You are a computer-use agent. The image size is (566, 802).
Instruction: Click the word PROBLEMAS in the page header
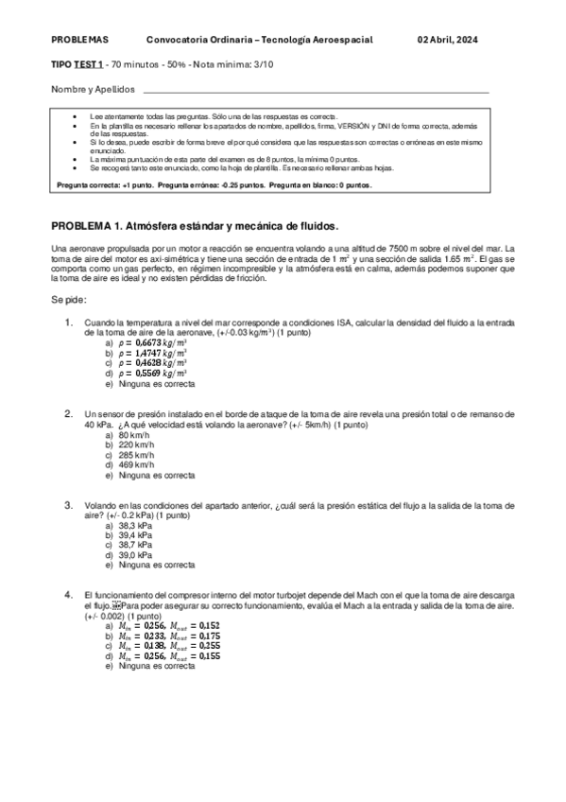point(80,40)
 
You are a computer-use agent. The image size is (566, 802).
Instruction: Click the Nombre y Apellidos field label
point(93,90)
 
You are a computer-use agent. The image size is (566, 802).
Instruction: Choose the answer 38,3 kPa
point(135,526)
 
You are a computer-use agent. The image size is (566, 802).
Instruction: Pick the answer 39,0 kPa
point(135,555)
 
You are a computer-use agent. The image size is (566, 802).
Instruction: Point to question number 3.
point(69,505)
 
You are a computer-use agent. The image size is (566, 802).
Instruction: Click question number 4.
point(69,595)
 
